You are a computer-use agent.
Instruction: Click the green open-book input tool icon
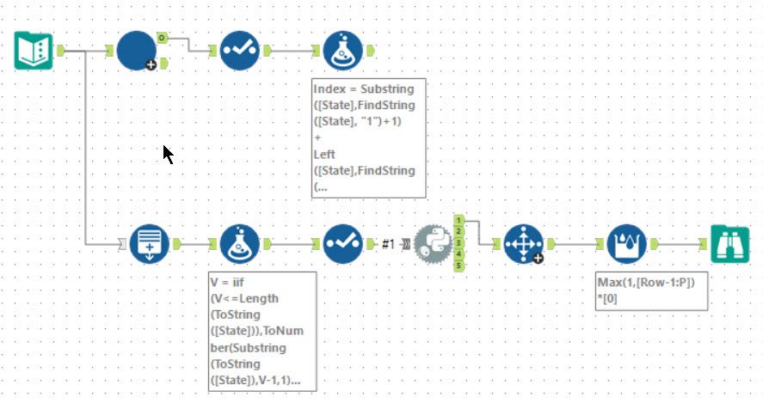coord(34,51)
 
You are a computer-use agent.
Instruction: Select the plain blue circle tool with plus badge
coord(136,51)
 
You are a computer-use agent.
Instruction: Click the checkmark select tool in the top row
coord(239,51)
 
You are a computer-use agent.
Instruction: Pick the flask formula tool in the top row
coord(342,51)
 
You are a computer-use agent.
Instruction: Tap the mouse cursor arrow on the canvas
coord(168,154)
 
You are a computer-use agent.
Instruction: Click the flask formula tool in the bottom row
coord(240,244)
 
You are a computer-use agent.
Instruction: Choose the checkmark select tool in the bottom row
coord(342,244)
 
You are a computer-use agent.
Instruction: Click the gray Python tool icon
coord(432,244)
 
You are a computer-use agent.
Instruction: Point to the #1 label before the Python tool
coord(388,245)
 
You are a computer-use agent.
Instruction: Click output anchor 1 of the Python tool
coord(459,220)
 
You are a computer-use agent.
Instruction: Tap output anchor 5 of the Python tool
coord(459,266)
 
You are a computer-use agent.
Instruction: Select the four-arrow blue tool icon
coord(523,244)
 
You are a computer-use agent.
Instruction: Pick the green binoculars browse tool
coord(729,244)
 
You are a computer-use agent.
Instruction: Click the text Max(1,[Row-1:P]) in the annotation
coord(645,282)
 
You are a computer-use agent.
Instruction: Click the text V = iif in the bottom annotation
coord(231,281)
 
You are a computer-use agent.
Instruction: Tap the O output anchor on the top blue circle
coord(163,39)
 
